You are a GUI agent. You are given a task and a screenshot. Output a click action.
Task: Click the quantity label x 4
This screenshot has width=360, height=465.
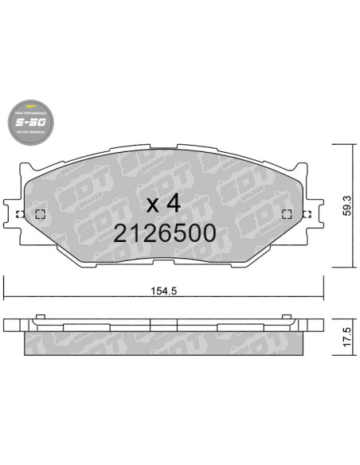coord(165,203)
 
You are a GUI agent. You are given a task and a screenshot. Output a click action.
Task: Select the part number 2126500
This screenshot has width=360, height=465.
coord(165,232)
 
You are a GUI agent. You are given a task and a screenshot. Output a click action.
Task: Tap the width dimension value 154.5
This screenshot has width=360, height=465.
coord(162,291)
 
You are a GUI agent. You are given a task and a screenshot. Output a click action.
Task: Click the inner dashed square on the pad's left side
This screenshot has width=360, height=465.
coord(41,213)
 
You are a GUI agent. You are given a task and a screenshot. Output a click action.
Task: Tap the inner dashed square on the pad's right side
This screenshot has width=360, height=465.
coord(287,213)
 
